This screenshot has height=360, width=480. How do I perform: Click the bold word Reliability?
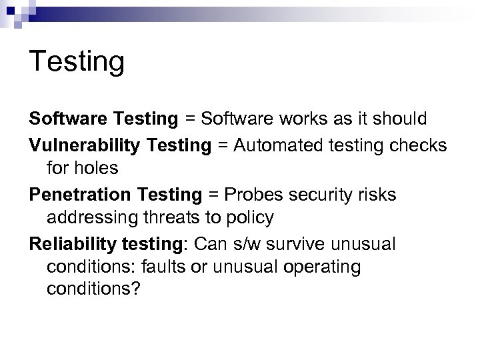[70, 244]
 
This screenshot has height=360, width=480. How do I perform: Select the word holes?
[100, 169]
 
